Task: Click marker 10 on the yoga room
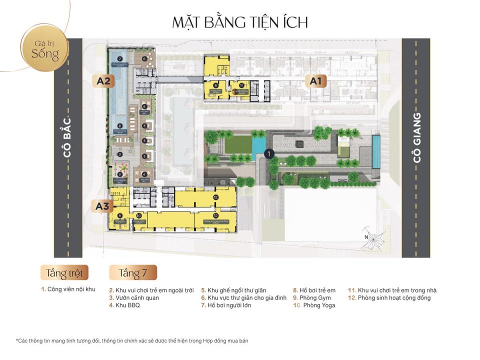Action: [x=138, y=216]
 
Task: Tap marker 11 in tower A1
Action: [x=241, y=85]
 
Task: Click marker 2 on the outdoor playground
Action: [x=120, y=174]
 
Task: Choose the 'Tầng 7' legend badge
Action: [x=132, y=273]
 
